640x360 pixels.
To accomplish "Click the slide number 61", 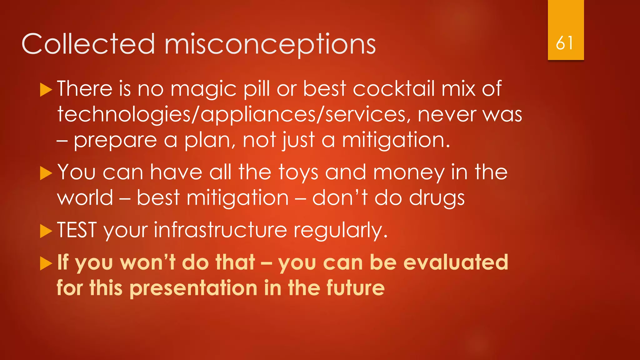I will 565,43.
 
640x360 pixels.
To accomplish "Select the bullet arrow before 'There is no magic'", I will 46,90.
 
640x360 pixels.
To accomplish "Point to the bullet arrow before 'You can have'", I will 46,173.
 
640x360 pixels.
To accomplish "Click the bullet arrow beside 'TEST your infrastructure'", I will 46,231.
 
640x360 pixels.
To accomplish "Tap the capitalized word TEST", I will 77,230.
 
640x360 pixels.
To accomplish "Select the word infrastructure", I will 220,231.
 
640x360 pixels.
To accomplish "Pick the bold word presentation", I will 193,288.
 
